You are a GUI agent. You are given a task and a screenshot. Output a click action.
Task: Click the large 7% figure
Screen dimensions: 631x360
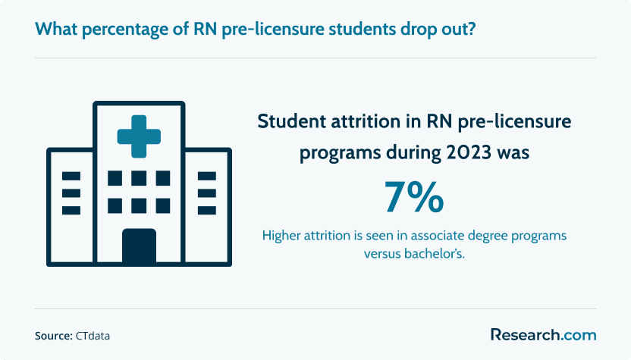[x=414, y=197]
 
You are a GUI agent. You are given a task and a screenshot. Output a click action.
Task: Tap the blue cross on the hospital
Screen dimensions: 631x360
[x=139, y=136]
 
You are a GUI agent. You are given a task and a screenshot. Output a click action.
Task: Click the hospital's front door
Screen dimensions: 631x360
[x=139, y=246]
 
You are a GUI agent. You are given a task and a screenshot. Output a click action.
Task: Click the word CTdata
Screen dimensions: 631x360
[x=93, y=336]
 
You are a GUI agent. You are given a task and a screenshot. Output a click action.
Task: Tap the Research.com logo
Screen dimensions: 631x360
[x=543, y=335]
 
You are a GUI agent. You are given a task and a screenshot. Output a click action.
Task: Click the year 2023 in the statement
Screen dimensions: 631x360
[x=469, y=152]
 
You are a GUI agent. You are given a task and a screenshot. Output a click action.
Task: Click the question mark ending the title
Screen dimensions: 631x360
[x=471, y=29]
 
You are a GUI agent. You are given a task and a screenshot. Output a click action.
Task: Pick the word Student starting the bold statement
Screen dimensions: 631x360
[x=292, y=121]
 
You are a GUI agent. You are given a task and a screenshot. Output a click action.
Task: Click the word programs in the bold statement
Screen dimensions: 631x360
[x=340, y=154]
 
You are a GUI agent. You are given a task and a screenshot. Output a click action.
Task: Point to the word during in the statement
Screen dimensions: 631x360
[x=413, y=154]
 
